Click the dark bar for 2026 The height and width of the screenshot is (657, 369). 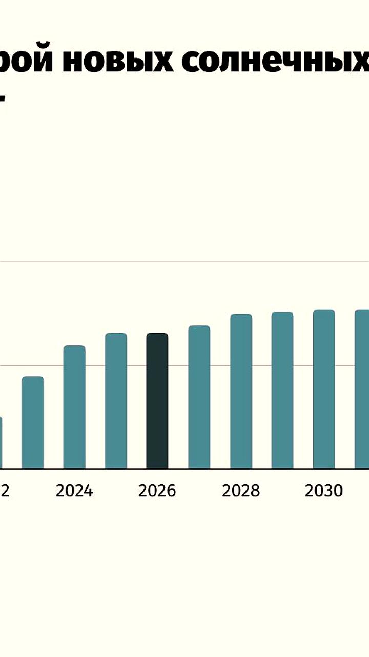click(x=157, y=401)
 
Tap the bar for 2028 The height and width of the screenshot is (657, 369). click(x=241, y=391)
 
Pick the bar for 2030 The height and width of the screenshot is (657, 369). click(x=324, y=389)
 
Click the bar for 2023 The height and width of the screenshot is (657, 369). click(x=33, y=422)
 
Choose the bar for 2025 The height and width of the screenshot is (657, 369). click(x=116, y=401)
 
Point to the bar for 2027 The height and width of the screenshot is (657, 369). click(x=199, y=397)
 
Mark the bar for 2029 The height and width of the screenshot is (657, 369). click(x=282, y=390)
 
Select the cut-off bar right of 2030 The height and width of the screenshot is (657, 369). click(x=362, y=389)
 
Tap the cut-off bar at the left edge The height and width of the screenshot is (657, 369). click(x=1, y=442)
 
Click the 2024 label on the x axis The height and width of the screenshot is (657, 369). click(x=74, y=491)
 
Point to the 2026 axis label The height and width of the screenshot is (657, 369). click(x=157, y=491)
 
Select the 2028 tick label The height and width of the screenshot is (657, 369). click(x=241, y=491)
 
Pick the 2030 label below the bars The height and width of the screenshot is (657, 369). click(x=324, y=491)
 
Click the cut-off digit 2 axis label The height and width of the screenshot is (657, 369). click(x=5, y=491)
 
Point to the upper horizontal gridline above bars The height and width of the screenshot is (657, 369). click(x=184, y=262)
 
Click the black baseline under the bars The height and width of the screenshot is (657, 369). click(x=184, y=469)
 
